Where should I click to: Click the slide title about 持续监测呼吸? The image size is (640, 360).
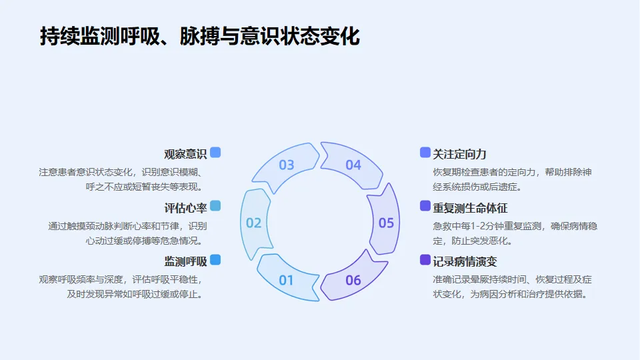pos(199,37)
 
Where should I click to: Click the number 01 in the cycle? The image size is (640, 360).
pos(286,280)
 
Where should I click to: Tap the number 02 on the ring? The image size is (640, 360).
pos(254,223)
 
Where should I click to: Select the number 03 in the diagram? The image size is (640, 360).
pos(286,165)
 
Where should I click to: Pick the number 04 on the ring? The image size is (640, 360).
pos(353,165)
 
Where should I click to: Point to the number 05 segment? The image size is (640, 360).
pos(386,223)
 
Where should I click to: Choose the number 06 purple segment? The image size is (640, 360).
pos(353,280)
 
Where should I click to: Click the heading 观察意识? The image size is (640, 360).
pos(185,154)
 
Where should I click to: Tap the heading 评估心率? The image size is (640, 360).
pos(185,207)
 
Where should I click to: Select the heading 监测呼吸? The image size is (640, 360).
pos(185,261)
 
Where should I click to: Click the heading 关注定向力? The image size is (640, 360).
pos(459,154)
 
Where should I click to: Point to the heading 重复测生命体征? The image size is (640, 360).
pos(470,207)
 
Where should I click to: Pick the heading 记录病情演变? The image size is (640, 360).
pos(465,261)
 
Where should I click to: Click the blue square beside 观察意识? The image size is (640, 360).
pos(215,153)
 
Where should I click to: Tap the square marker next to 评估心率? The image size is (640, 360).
pos(215,206)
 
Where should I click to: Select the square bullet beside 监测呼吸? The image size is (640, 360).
pos(215,259)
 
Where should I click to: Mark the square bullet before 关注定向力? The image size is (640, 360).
pos(425,153)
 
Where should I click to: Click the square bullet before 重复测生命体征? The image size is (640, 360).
pos(425,206)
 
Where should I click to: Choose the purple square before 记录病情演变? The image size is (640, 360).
pos(425,259)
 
